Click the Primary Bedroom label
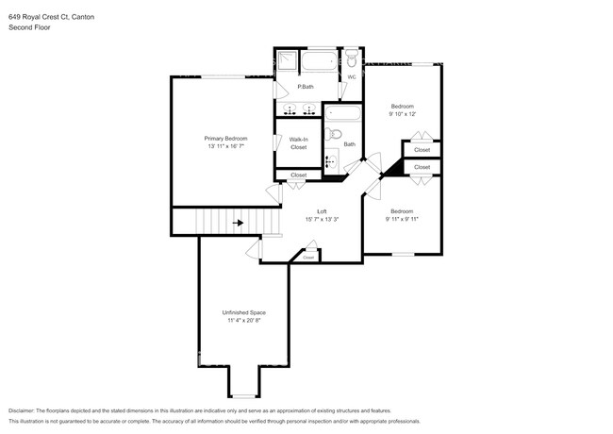pos(226,139)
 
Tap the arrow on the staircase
pos(238,223)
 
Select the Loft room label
pos(322,211)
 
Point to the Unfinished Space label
pos(244,312)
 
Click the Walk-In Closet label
pos(299,143)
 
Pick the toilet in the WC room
pos(352,58)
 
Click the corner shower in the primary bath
pos(288,59)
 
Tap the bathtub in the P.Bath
pos(319,61)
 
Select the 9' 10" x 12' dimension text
pos(403,114)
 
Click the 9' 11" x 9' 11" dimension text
pos(402,219)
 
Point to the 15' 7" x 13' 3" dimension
pos(322,219)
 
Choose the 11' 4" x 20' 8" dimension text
pos(244,320)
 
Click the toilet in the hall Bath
pos(333,135)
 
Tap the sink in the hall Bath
pos(332,160)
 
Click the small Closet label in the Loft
pos(308,258)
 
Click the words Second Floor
pos(29,27)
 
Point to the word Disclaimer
pos(22,411)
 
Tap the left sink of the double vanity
pos(290,108)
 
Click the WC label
pos(352,77)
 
